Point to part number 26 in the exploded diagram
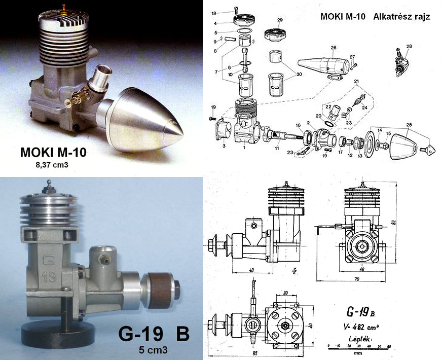click(333, 48)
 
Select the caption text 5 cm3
click(154, 349)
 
